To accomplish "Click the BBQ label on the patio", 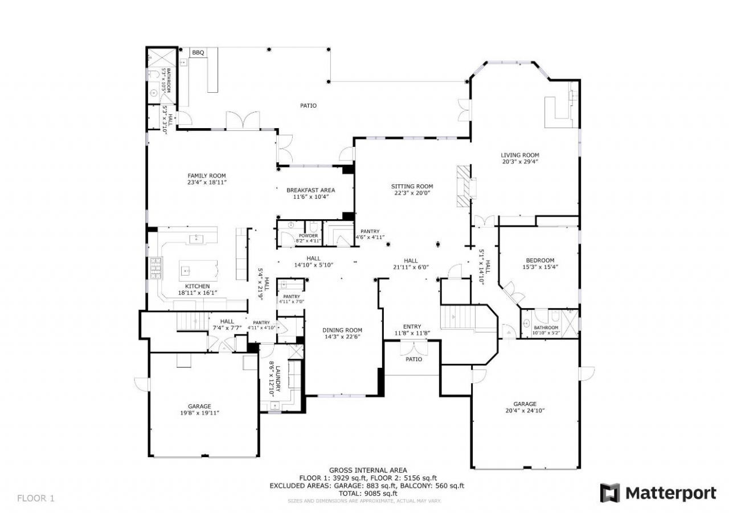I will (198, 53).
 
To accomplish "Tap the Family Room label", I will (207, 175).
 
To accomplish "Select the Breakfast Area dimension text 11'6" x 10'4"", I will (310, 196).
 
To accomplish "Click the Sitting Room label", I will (412, 186).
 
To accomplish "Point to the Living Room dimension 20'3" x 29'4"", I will (520, 162).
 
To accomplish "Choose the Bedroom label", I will (540, 260).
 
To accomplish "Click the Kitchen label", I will (197, 286).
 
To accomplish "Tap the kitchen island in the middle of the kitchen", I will (198, 268).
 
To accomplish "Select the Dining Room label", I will (342, 330).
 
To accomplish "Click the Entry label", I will (412, 326).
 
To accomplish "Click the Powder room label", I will (308, 235).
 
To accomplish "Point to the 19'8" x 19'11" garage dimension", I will (199, 413).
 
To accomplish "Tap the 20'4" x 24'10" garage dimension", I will (525, 410).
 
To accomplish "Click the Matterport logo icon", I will (610, 493).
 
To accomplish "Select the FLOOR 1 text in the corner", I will (36, 498).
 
